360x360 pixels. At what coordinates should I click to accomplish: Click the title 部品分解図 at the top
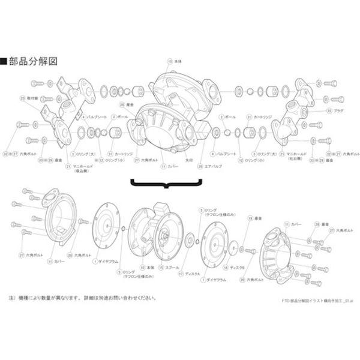coord(32,61)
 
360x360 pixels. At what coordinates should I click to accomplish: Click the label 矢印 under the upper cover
coord(188,160)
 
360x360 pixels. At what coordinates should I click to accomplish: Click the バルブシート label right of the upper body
coord(225,154)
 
